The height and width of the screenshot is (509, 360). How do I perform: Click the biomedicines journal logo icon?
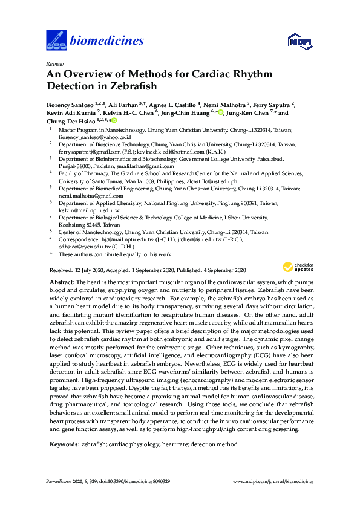click(x=56, y=41)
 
